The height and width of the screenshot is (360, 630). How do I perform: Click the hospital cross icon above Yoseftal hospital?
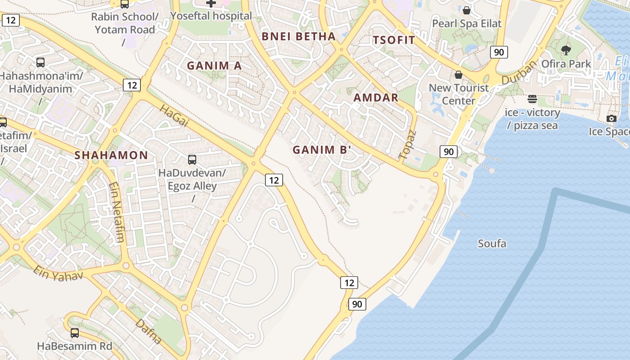(x=211, y=3)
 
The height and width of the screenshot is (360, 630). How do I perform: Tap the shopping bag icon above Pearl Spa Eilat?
(x=467, y=10)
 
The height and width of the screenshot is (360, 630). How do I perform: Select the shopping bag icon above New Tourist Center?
(x=459, y=74)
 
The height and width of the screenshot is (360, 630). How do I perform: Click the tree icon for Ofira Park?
(x=566, y=50)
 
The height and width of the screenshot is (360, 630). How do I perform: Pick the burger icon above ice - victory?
(x=532, y=99)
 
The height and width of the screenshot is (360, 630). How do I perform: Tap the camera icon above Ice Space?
(x=611, y=118)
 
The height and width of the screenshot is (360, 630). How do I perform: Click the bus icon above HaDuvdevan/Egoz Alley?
(x=192, y=159)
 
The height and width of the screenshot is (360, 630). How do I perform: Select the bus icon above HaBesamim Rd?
(x=75, y=333)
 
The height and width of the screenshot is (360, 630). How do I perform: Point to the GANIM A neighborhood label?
(x=214, y=66)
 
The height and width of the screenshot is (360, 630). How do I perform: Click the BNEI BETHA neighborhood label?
(x=299, y=36)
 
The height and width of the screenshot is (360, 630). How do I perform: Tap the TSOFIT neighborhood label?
(x=394, y=40)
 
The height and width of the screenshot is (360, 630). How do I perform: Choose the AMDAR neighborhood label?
(x=376, y=98)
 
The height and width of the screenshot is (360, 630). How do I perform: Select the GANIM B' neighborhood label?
(x=321, y=150)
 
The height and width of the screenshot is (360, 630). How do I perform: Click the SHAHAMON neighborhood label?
(x=111, y=155)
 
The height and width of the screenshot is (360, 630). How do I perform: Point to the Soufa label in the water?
(x=492, y=244)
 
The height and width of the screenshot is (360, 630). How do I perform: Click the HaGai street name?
(x=174, y=116)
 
